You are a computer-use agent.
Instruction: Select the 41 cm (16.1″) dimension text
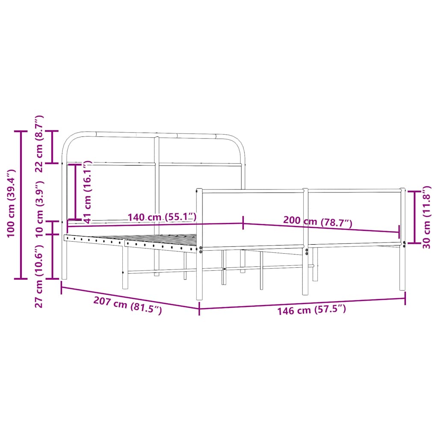88,192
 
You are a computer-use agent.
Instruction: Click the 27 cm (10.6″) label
39,276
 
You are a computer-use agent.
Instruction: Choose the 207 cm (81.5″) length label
127,305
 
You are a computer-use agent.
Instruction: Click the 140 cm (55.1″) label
162,217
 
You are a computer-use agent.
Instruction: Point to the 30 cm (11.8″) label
426,217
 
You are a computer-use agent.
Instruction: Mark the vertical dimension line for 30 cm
414,217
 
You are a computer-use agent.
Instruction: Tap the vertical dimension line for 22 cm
53,147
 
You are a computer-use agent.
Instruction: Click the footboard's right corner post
402,240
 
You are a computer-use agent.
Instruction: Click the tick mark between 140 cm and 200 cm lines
243,222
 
